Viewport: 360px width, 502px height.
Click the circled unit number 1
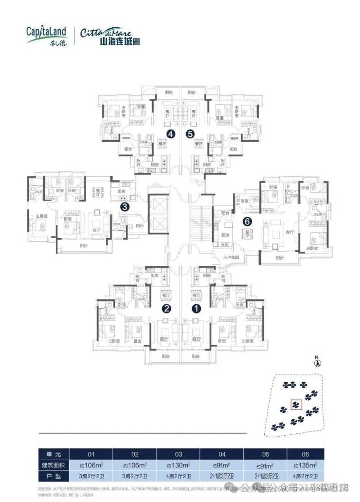(197, 308)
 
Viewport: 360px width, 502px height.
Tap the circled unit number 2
(166, 308)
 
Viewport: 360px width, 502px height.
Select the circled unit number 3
(125, 207)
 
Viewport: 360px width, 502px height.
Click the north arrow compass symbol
(317, 362)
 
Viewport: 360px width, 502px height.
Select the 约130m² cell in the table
(178, 465)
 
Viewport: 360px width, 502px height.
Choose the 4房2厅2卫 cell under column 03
(178, 476)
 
